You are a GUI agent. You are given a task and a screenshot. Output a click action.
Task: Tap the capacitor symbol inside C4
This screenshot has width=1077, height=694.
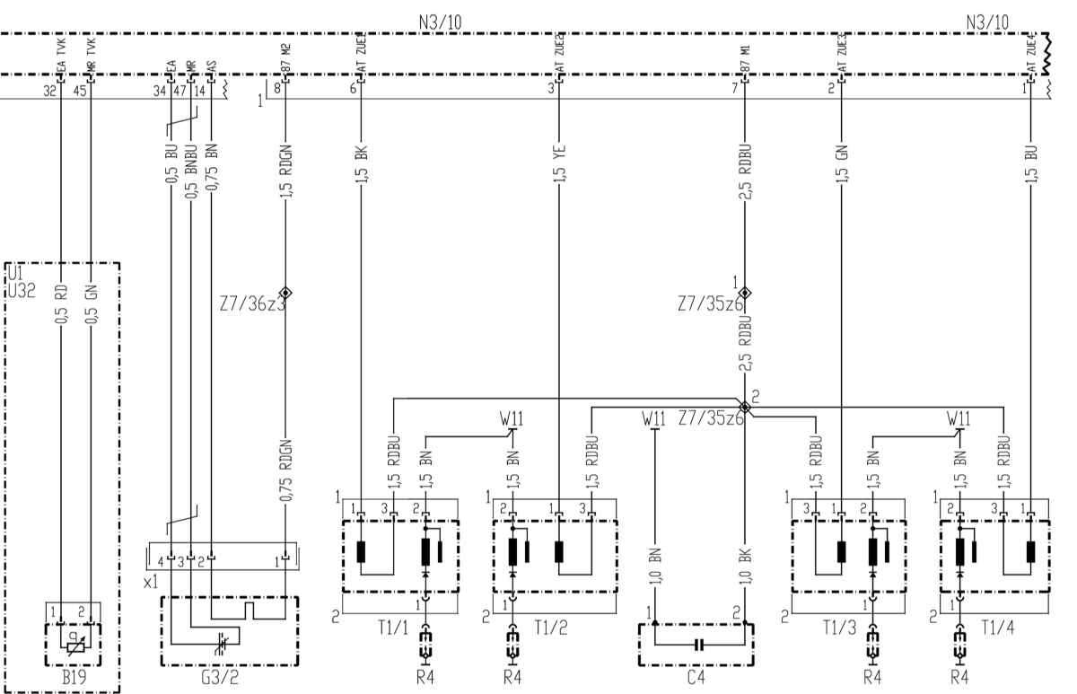pos(696,644)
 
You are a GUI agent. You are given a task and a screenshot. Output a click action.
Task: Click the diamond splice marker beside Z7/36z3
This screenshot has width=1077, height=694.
pos(285,293)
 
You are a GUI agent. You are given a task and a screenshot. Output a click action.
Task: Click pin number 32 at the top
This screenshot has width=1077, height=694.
pos(49,90)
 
